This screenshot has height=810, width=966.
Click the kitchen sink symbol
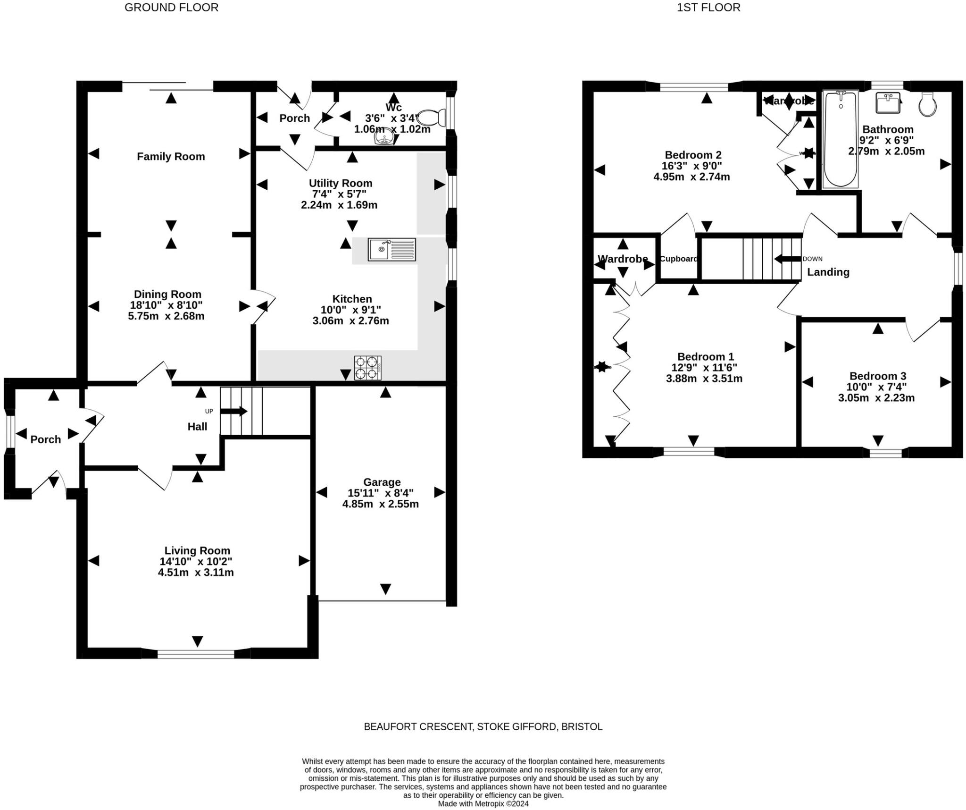(x=392, y=249)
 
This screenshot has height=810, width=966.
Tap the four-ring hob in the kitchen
(x=368, y=368)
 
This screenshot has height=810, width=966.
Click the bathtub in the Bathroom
(x=840, y=139)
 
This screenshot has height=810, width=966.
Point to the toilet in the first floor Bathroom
(x=927, y=105)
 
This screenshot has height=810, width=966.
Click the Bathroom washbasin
(x=888, y=103)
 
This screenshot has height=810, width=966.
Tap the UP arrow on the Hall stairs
(x=233, y=411)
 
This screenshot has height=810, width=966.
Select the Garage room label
(x=382, y=482)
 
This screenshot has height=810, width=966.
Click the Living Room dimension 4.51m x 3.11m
(x=196, y=572)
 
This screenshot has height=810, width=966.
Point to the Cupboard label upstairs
(x=678, y=259)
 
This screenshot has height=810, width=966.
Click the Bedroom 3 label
(x=877, y=376)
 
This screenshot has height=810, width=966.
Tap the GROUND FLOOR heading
(x=171, y=8)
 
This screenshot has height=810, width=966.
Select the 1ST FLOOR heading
(x=708, y=8)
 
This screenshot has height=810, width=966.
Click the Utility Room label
(x=340, y=183)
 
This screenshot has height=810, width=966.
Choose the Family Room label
(x=171, y=156)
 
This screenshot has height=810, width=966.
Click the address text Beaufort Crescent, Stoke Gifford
(x=483, y=726)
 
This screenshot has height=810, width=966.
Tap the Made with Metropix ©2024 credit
(x=483, y=803)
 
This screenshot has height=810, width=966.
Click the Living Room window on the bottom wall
(x=196, y=654)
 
